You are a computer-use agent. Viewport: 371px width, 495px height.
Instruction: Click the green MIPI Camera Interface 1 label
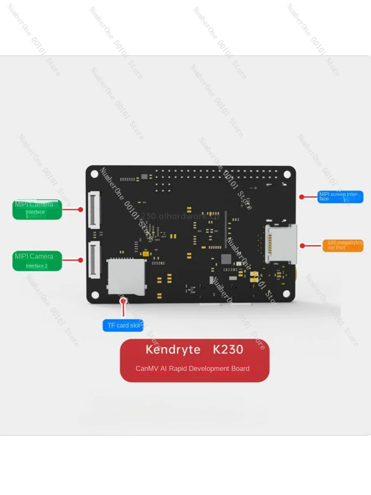37,210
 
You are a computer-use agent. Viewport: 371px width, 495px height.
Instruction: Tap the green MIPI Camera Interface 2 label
37,261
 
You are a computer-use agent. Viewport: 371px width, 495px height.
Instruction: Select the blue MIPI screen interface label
340,197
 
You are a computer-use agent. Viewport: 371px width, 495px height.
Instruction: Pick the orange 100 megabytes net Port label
343,245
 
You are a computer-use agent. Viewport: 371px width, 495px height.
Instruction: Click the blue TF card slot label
123,325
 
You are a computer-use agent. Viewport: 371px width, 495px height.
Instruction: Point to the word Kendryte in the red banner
173,350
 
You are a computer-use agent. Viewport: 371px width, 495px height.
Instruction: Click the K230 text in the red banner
228,350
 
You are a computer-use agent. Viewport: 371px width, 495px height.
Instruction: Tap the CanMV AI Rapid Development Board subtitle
193,368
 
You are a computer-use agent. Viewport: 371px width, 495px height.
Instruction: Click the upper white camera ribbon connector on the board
94,210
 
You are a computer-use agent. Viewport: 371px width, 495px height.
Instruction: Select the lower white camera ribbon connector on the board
94,260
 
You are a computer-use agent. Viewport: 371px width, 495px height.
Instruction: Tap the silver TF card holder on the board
127,277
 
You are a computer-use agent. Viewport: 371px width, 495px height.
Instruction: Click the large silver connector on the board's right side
282,244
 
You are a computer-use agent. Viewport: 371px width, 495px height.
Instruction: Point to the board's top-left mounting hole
95,174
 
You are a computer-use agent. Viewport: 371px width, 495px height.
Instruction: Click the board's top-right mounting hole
287,174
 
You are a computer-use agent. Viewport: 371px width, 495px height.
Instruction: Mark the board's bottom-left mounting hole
95,295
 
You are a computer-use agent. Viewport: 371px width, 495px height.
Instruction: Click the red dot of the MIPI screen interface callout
302,197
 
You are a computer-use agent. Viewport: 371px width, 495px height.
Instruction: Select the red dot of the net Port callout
302,246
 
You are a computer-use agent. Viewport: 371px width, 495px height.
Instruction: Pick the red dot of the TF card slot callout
123,301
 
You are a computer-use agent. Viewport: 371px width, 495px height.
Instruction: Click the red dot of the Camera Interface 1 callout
81,210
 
